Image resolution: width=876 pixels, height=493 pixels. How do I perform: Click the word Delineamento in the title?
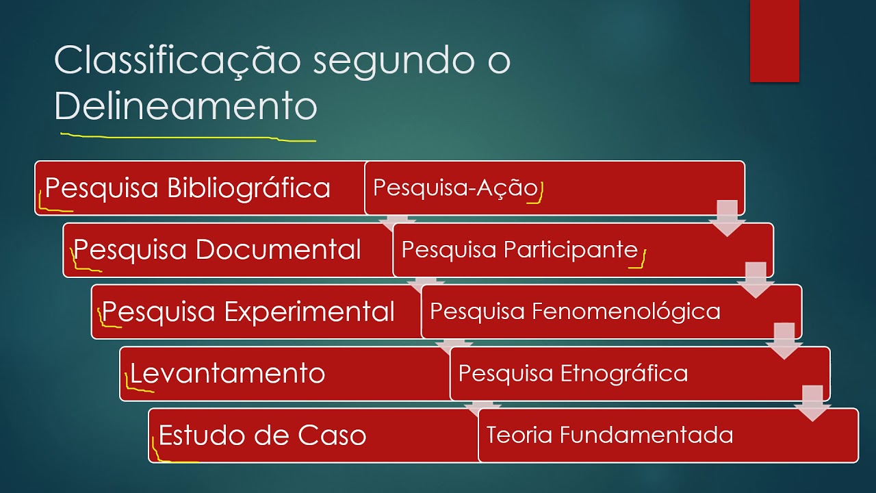point(185,106)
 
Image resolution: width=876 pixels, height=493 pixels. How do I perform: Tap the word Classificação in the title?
point(177,61)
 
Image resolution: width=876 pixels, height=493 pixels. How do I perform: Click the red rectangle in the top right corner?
point(774,40)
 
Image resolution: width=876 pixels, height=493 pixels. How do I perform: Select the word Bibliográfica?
point(249,188)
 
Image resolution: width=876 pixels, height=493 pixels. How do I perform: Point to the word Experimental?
point(309,312)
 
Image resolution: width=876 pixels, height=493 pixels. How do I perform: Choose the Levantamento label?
point(227,374)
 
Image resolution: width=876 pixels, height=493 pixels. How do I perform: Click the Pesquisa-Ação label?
point(456,188)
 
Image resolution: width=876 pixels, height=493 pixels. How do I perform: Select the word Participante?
point(571,250)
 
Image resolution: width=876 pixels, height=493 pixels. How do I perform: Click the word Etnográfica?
point(624,373)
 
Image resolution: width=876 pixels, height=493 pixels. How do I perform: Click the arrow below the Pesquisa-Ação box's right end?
point(727,218)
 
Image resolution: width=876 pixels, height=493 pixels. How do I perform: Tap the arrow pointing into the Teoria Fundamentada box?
point(812,404)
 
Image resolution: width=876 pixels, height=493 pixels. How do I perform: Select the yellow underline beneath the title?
point(188,138)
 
